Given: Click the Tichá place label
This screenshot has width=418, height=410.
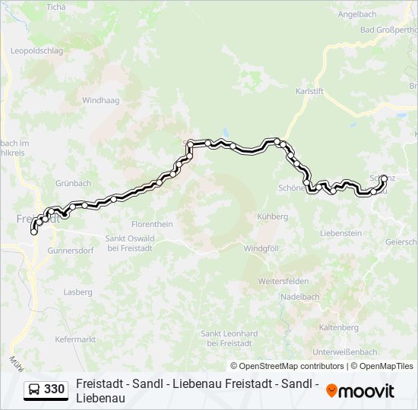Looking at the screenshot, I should (x=56, y=7).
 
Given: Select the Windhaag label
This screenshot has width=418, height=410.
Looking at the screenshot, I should (x=100, y=100).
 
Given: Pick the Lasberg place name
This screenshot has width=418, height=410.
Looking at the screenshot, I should (x=78, y=292).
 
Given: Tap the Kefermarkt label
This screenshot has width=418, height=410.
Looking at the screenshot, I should (x=75, y=339).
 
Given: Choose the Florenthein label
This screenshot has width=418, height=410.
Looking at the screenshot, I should (x=152, y=224).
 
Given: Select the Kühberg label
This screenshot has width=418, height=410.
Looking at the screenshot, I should (x=273, y=216).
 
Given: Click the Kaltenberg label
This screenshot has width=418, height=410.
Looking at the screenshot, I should (x=339, y=327).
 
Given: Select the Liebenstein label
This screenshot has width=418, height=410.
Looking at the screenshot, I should (x=341, y=233).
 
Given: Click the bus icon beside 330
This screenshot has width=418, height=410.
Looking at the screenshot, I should (x=35, y=389).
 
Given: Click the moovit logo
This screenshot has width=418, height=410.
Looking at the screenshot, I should (x=360, y=391).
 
